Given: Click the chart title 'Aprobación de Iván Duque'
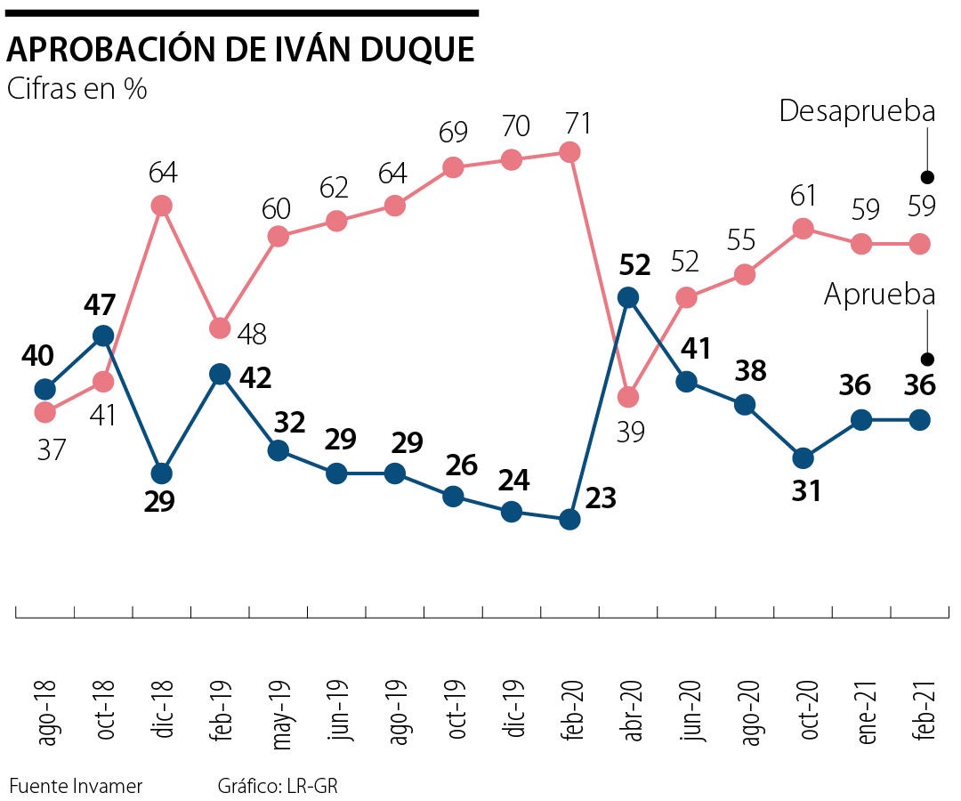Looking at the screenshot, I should pos(240,51).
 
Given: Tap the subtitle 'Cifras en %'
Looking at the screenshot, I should pos(77,89).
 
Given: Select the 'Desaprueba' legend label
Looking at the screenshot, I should pos(857,112).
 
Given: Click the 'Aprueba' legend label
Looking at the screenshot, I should pos(879,295).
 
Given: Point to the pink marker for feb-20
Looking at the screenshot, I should pos(570,152).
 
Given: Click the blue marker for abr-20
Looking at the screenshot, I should pos(628,297).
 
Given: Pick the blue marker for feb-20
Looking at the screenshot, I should pos(570,519).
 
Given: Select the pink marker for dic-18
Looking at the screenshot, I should pos(161,206).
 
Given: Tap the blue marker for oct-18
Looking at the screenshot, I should pos(103,336).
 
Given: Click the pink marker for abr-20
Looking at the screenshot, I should pos(628,396).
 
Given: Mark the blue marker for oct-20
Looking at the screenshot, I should pos(803,457).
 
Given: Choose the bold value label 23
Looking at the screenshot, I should pos(602,498).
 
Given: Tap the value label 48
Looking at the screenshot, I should pos(250,334).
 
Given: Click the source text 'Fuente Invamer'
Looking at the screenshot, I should pos(76,787).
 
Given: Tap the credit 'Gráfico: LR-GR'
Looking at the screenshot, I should pos(278,787).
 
